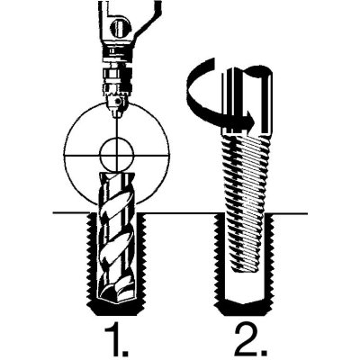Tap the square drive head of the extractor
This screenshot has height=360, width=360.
pyautogui.click(x=247, y=101)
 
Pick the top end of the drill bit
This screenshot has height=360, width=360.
pyautogui.click(x=116, y=175)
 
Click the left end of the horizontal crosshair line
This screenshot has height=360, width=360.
pyautogui.click(x=64, y=156)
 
